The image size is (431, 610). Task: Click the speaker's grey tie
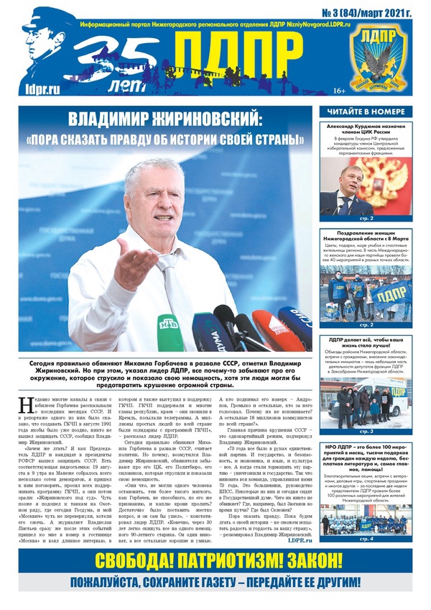coord(167,277)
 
